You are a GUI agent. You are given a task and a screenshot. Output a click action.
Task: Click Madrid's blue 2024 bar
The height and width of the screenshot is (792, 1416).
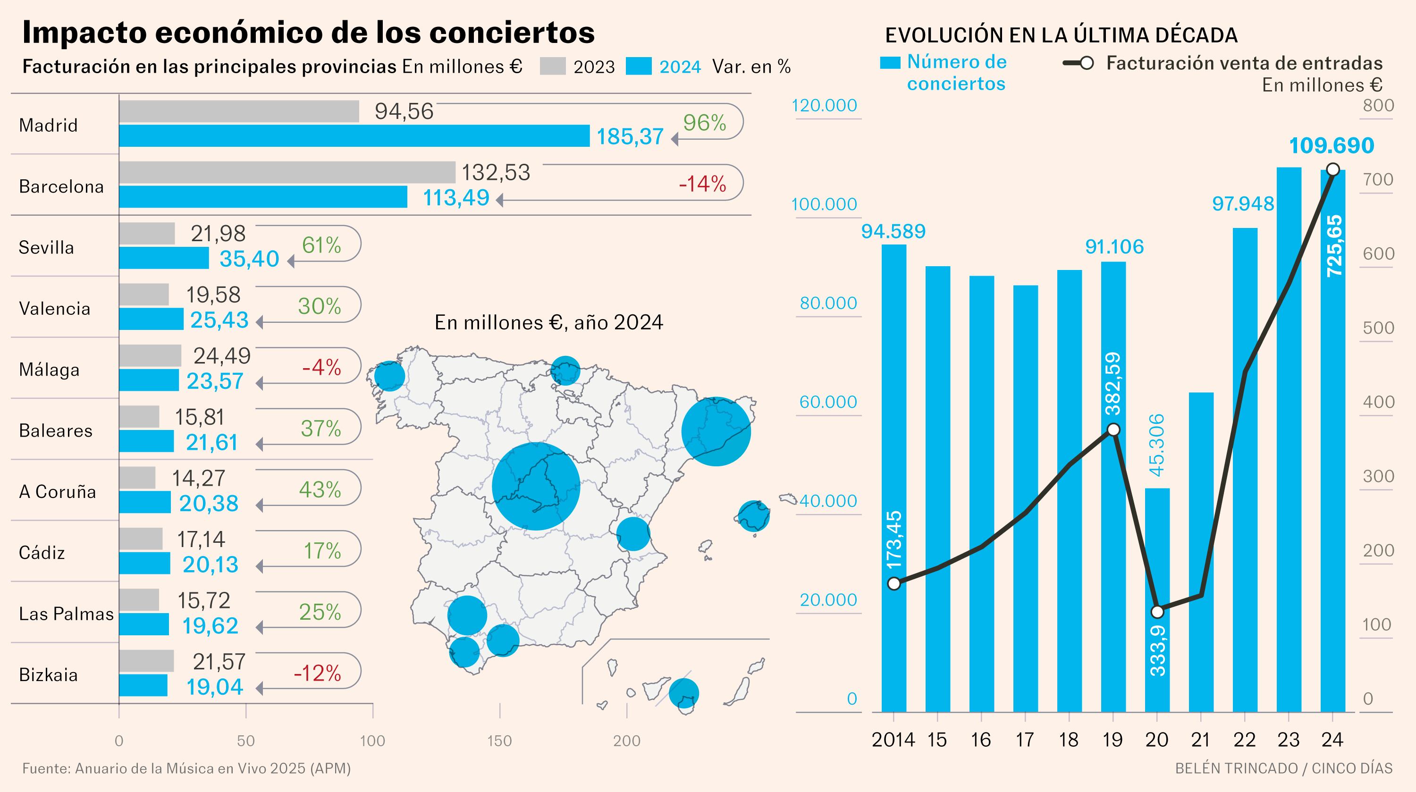tap(354, 136)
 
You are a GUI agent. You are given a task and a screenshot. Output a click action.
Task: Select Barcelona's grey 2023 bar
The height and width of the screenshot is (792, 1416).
tap(287, 172)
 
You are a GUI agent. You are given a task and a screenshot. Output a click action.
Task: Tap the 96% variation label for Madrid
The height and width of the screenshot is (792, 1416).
tap(704, 123)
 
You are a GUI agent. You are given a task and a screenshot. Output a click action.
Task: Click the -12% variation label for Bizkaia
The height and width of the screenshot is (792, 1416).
tap(317, 673)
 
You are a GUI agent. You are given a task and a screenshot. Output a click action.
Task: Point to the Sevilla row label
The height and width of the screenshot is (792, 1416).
tap(46, 247)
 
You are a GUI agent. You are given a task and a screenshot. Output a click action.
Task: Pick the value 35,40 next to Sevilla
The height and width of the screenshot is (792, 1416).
tap(250, 259)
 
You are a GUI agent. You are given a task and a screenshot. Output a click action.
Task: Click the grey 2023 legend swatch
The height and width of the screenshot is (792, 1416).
tap(552, 66)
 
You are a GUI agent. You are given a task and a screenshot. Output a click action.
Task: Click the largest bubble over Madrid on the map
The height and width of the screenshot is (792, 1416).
tap(536, 487)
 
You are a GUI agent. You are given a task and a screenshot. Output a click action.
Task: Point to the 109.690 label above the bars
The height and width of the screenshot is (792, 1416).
tap(1332, 146)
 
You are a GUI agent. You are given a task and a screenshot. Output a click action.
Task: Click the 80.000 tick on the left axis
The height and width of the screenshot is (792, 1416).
tap(828, 303)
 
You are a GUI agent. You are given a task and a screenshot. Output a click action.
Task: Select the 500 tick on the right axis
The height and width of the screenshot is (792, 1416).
tap(1378, 328)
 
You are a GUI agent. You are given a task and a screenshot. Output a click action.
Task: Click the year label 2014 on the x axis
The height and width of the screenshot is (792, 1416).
tap(893, 740)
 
